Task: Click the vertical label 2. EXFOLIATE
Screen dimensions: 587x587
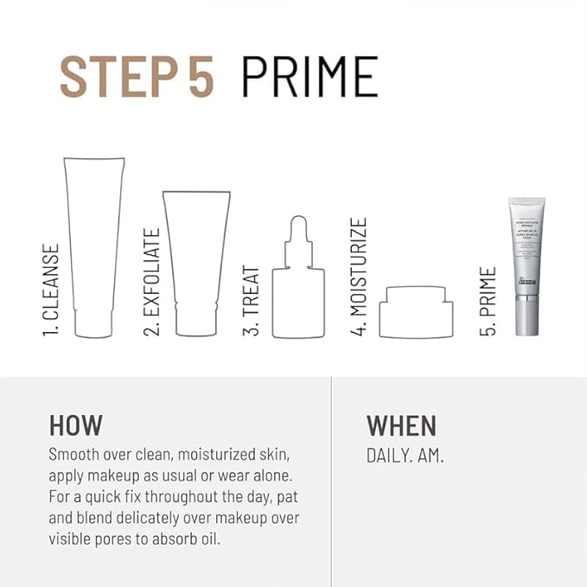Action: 152,282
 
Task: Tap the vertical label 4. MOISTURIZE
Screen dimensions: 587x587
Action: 359,277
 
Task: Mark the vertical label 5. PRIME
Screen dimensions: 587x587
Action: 488,302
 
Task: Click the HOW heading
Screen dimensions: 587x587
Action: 76,425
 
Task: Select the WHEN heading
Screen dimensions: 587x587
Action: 401,425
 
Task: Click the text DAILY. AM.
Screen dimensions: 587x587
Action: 405,456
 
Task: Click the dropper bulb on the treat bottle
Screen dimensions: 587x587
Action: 298,230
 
